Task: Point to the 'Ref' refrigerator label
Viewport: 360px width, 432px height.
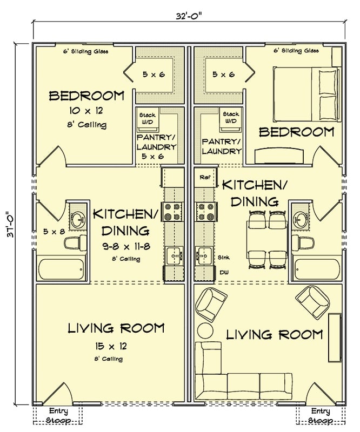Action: coord(204,177)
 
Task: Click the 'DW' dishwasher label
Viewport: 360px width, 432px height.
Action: coord(223,273)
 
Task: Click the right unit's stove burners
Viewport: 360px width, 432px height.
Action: coord(205,211)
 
